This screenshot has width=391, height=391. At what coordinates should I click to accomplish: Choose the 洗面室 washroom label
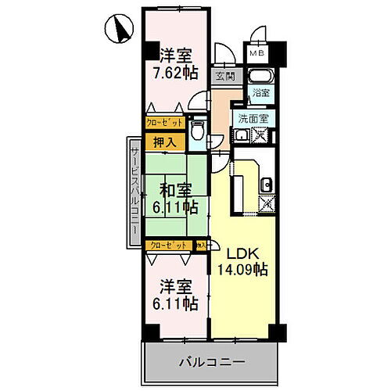coord(254,118)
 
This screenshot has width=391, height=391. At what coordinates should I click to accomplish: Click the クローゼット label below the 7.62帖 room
coord(164,124)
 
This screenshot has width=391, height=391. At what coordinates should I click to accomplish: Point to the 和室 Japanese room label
coord(177,189)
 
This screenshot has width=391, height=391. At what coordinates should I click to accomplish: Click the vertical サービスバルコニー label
coord(134,188)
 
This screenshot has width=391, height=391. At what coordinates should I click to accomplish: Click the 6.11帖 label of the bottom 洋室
coord(176,302)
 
